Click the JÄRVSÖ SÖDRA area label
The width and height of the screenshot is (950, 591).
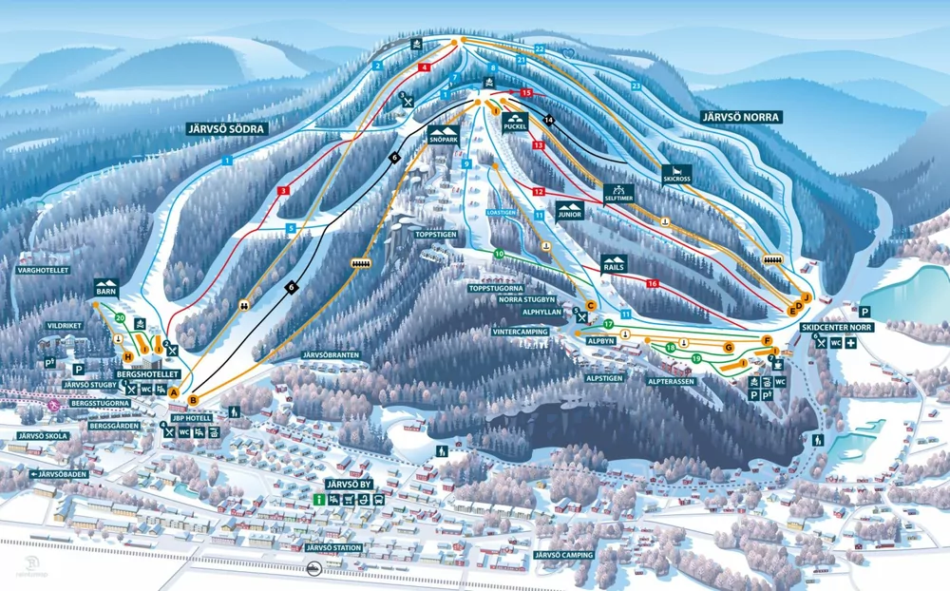coord(227,128)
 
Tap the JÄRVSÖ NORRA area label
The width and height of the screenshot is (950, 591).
coord(741,117)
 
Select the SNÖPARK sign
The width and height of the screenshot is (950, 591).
coord(444,135)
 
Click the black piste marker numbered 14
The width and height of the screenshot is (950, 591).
coord(548,119)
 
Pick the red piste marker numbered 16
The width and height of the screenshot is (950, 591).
coord(653,284)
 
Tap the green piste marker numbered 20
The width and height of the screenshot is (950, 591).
coord(120,317)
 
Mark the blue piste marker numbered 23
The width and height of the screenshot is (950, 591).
coord(636,86)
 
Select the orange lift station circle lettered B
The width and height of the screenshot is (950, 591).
coord(193,400)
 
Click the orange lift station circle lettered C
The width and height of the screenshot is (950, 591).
coord(590,305)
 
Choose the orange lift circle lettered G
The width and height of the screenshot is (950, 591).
coord(730,347)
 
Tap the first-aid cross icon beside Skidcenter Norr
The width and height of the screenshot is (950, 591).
coord(851,343)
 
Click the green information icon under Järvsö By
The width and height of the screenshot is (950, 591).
coord(319,500)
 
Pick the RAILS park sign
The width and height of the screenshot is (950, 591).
coord(613,263)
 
